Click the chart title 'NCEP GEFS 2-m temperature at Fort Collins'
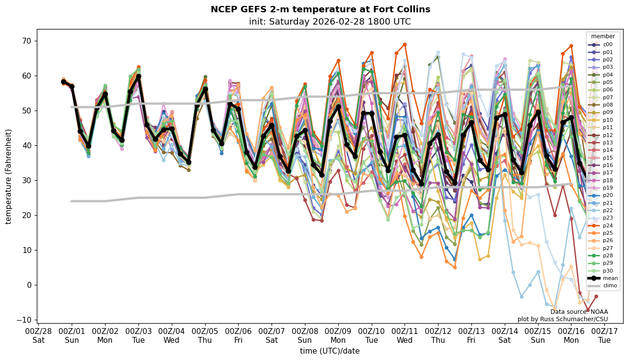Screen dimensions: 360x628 320,9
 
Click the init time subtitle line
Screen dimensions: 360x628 330,22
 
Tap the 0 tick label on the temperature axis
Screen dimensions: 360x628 29,285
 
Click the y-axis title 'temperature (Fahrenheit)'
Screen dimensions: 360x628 9,176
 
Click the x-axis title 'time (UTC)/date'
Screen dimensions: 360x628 330,351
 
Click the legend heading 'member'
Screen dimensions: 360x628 602,36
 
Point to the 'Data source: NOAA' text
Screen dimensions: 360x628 579,312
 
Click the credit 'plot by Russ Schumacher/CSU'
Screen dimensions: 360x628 562,319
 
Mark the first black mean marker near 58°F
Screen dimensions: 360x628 63,82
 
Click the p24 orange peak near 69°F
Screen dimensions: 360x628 405,45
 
